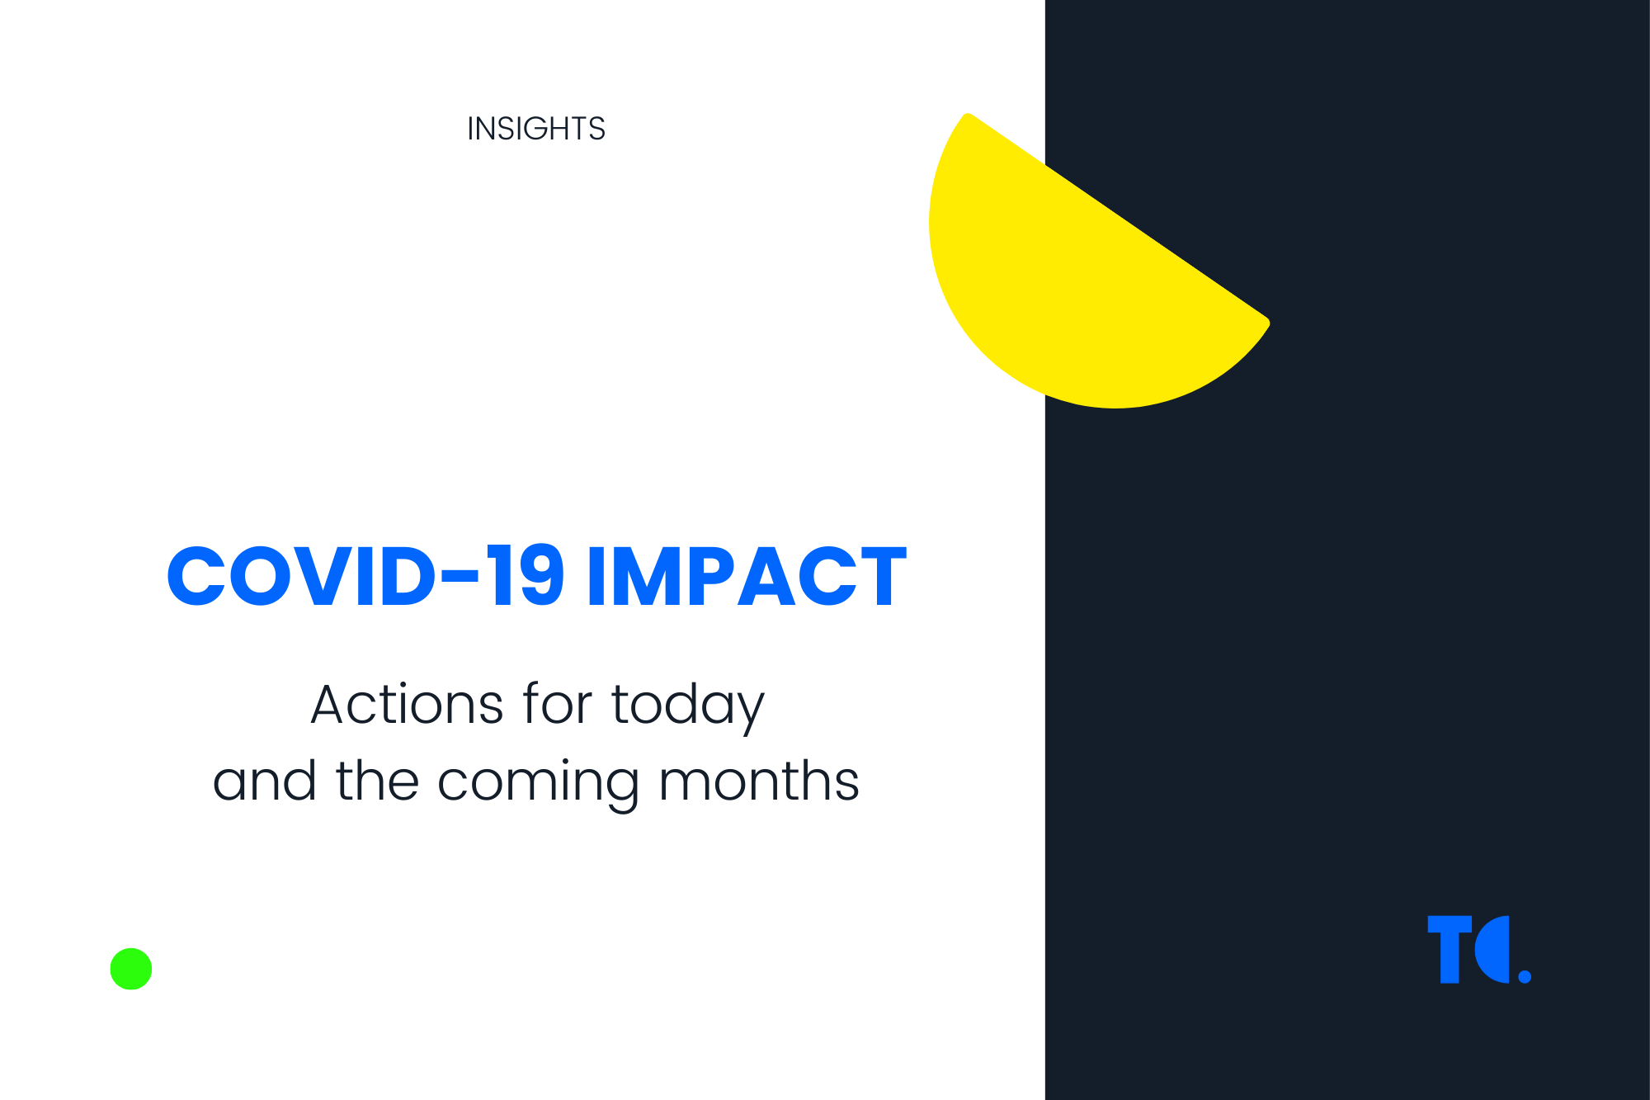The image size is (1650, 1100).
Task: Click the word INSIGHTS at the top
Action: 536,129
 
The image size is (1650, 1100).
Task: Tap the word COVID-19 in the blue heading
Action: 365,576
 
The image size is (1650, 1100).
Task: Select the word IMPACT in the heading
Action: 746,576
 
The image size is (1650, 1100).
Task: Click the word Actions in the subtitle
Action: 407,706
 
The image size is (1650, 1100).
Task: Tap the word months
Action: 759,781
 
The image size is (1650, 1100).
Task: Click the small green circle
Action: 131,969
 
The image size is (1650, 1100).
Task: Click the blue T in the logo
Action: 1450,949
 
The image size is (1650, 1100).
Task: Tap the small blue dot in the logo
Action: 1525,977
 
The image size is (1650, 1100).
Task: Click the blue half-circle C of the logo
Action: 1493,949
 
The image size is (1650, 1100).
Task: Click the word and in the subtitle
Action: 264,781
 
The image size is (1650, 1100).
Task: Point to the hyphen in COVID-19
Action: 460,577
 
